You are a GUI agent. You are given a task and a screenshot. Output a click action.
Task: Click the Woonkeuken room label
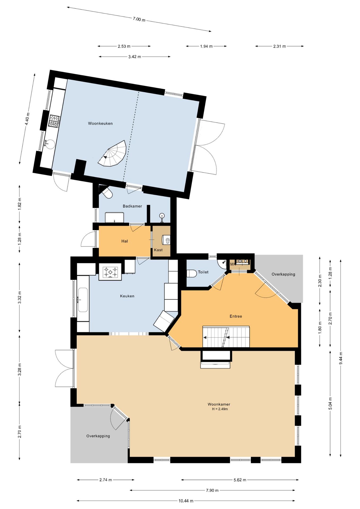tap(100, 123)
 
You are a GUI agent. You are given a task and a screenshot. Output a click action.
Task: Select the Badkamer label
tap(132, 206)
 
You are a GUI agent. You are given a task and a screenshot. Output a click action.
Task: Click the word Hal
tap(125, 241)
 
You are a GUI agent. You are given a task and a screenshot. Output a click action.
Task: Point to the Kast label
tap(158, 250)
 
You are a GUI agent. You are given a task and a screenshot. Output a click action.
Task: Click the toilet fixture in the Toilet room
tap(191, 273)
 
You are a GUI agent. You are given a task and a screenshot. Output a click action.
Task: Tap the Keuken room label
tap(127, 296)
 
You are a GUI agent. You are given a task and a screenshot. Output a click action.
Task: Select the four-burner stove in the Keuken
tap(110, 272)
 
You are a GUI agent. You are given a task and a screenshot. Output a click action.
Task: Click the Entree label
tap(236, 316)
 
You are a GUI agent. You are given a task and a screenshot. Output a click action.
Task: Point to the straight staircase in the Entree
tap(226, 337)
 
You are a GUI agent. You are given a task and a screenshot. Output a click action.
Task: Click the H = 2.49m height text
tap(220, 409)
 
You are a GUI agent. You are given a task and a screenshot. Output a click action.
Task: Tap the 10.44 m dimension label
tap(186, 501)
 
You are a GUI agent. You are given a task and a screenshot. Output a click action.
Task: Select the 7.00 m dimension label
tap(139, 19)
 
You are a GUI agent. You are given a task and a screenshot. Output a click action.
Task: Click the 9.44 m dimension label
tap(341, 358)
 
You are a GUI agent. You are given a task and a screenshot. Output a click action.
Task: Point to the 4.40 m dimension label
tap(27, 119)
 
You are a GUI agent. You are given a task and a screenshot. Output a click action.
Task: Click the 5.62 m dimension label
tap(240, 480)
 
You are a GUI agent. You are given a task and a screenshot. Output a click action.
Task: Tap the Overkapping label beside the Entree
tap(283, 274)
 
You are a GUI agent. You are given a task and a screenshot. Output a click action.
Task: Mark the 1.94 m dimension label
tap(206, 46)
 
